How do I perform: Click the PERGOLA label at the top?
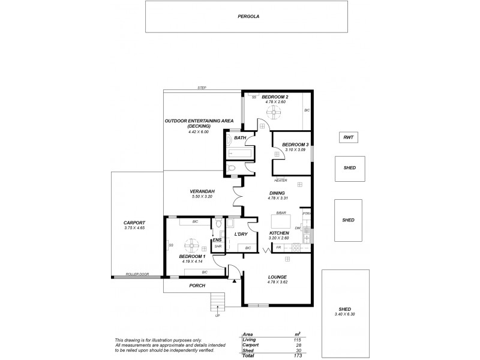click(247, 17)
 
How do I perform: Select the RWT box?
click(348, 137)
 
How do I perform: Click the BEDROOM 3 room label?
click(295, 145)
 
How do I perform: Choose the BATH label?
click(240, 138)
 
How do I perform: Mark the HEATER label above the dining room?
click(280, 180)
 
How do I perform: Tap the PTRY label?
click(306, 213)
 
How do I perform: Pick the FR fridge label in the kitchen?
click(279, 247)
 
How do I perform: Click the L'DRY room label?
click(241, 233)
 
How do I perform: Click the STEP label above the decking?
click(202, 88)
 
